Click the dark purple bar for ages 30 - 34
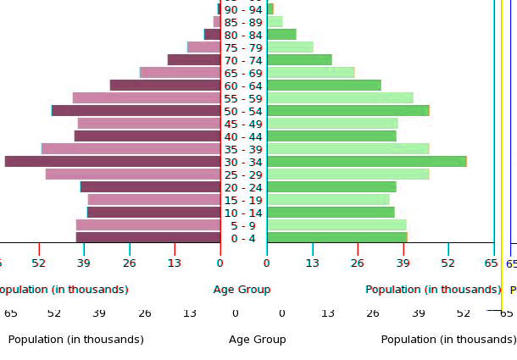(113, 162)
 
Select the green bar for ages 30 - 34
(366, 162)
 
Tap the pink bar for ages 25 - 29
(133, 174)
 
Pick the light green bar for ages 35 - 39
(347, 149)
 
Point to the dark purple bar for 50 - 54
(136, 111)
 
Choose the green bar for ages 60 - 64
(324, 86)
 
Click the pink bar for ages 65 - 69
(180, 73)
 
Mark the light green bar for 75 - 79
(290, 47)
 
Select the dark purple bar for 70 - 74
(194, 60)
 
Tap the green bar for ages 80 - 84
(281, 35)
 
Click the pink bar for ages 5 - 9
(148, 225)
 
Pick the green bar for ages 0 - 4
(336, 238)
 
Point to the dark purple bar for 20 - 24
(150, 187)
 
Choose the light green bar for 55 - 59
(340, 98)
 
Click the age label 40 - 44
(243, 136)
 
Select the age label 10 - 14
(243, 213)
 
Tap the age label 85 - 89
(243, 22)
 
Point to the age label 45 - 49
(243, 124)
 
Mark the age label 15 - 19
(243, 200)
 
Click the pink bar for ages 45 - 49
(149, 124)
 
